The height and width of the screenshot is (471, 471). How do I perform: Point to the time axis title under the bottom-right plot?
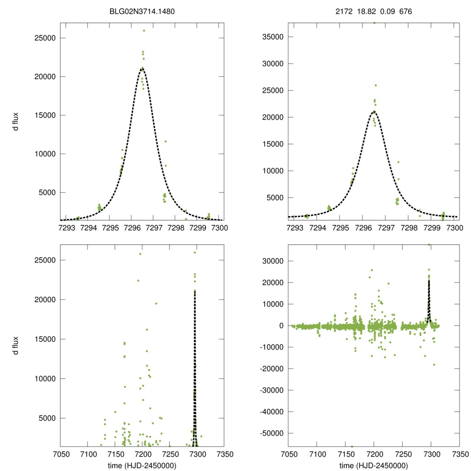[374, 465]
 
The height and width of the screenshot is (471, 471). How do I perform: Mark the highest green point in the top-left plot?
[144, 30]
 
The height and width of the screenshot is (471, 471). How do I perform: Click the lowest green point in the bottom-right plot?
[352, 446]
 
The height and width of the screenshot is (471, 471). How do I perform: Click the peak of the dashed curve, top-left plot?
[142, 68]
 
